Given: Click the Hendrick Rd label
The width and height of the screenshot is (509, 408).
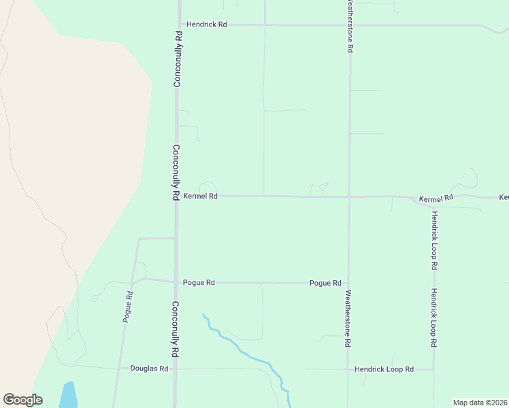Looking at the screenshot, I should pyautogui.click(x=208, y=24).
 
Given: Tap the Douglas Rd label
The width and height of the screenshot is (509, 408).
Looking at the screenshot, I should pyautogui.click(x=148, y=369).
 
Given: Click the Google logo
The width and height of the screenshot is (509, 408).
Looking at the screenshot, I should pyautogui.click(x=22, y=400).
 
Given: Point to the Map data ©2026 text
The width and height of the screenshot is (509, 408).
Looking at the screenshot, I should pyautogui.click(x=480, y=403).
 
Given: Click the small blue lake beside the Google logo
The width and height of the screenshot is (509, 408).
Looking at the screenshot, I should pyautogui.click(x=68, y=395).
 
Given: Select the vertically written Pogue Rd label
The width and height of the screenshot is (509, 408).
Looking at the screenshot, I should pyautogui.click(x=127, y=306).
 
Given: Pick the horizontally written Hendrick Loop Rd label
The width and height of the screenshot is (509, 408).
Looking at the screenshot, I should pyautogui.click(x=384, y=369).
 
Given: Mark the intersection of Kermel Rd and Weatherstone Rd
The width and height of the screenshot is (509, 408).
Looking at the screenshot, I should pyautogui.click(x=349, y=197).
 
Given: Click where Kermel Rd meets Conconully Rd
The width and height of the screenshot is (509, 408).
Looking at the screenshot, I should pyautogui.click(x=177, y=196).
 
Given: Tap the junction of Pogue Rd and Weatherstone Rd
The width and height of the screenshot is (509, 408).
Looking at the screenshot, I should pyautogui.click(x=348, y=283).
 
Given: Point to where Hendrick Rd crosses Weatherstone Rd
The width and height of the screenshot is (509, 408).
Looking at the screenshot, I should pyautogui.click(x=350, y=25).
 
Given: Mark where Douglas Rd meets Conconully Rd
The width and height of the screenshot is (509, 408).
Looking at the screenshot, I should pyautogui.click(x=176, y=369).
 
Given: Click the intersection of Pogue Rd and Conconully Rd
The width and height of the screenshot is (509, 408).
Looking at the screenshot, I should pyautogui.click(x=176, y=282).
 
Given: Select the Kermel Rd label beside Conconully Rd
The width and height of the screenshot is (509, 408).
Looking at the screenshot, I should pyautogui.click(x=200, y=196).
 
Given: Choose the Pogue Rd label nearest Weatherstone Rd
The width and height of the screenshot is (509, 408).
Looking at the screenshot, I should pyautogui.click(x=325, y=283).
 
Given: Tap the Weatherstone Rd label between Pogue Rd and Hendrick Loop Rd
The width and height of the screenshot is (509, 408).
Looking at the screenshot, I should pyautogui.click(x=348, y=319).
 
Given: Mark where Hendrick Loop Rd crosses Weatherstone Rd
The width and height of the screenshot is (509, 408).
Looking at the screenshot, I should pyautogui.click(x=348, y=369).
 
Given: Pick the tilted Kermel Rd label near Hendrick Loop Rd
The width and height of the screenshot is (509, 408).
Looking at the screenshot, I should pyautogui.click(x=436, y=199).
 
